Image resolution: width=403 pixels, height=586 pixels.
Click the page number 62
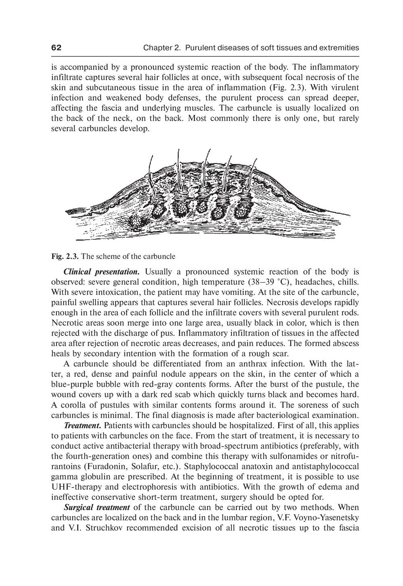click(x=56, y=48)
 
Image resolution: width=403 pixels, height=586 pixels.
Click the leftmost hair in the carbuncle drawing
click(x=151, y=173)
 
